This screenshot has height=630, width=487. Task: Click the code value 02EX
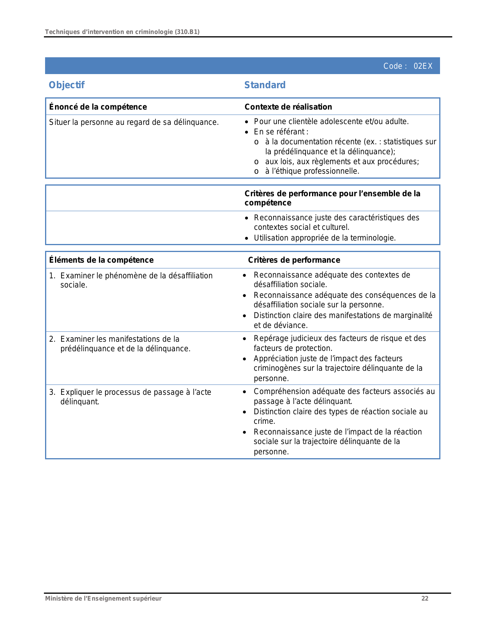(x=423, y=66)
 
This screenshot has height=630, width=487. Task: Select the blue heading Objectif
(x=66, y=85)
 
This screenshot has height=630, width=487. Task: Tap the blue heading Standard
(x=265, y=85)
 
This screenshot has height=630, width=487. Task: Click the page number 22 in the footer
(x=425, y=599)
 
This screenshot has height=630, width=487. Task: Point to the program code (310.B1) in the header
(x=187, y=32)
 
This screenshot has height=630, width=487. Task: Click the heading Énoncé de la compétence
(x=98, y=107)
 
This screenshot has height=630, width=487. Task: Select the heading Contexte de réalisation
(x=288, y=107)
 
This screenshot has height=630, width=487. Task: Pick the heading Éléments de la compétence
(x=101, y=260)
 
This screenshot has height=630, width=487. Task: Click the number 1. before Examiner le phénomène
(x=52, y=276)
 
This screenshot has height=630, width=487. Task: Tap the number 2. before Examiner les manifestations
(x=52, y=339)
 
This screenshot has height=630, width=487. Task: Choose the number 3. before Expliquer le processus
(x=52, y=392)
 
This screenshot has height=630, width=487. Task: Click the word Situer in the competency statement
(x=58, y=122)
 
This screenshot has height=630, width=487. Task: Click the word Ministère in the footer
(x=58, y=599)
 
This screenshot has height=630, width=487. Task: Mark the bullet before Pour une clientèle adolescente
(x=247, y=122)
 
